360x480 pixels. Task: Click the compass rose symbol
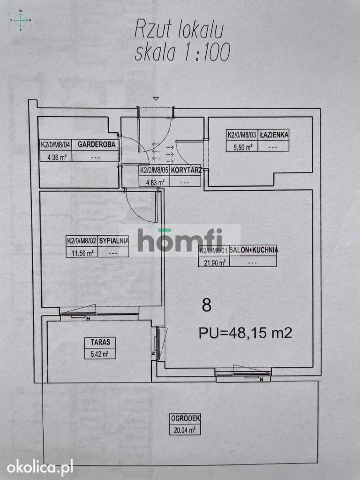[21, 20]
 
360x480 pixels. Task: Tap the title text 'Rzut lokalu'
[179, 30]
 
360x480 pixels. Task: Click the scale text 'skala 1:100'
[182, 52]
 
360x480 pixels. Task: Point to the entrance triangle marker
[156, 98]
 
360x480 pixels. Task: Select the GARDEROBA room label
[97, 144]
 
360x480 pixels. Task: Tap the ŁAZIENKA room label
[274, 135]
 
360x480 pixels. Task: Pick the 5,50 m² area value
[243, 148]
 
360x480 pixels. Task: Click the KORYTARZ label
[186, 171]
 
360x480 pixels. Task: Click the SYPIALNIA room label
[113, 241]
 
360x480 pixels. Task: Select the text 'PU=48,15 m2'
[245, 333]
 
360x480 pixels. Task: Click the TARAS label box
[100, 348]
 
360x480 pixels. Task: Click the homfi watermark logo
[180, 240]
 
